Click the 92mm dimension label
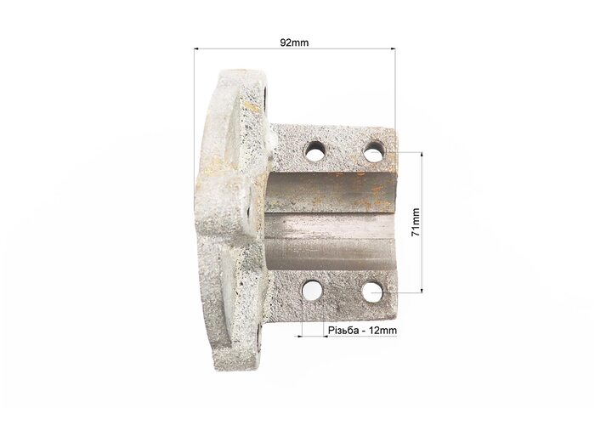tap(294, 42)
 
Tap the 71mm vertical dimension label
tap(416, 222)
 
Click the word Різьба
tap(343, 331)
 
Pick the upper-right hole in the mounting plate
tap(374, 151)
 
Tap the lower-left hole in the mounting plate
tap(312, 291)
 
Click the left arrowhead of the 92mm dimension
tap(196, 48)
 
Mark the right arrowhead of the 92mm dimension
tap(393, 48)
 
